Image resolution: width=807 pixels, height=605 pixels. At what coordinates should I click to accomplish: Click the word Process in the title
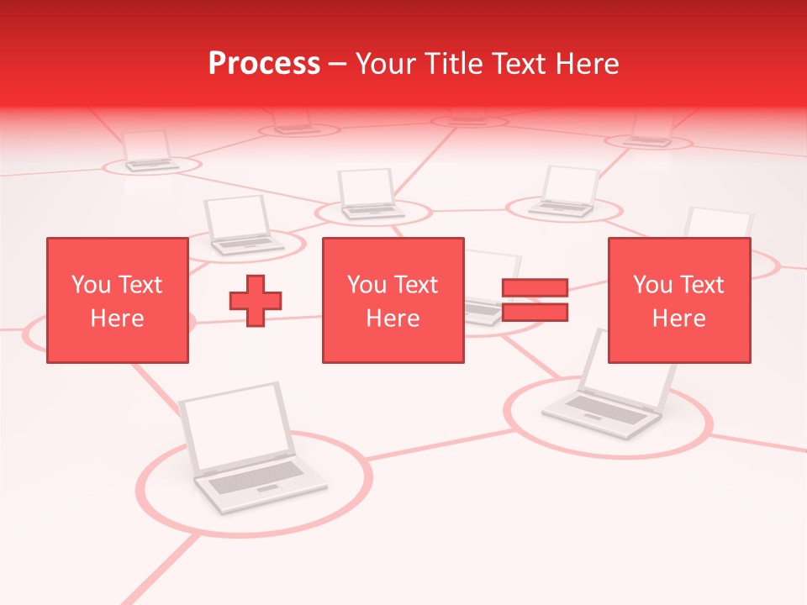point(264,64)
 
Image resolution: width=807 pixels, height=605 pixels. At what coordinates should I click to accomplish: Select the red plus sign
point(256,301)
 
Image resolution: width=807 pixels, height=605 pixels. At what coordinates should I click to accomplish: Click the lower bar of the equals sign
point(535,313)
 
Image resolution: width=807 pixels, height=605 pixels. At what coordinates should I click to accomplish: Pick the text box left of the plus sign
point(117,300)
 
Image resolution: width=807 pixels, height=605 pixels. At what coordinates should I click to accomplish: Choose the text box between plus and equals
point(393,300)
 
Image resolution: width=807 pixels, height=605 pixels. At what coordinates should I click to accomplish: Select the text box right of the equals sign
point(678,300)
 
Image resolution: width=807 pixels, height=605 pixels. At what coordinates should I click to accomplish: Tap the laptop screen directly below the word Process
point(366,187)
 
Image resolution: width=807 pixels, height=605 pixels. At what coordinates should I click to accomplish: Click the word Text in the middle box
point(415,285)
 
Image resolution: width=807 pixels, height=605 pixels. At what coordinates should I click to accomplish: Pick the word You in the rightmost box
point(652,285)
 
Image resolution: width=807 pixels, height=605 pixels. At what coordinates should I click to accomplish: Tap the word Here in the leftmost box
point(117,318)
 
